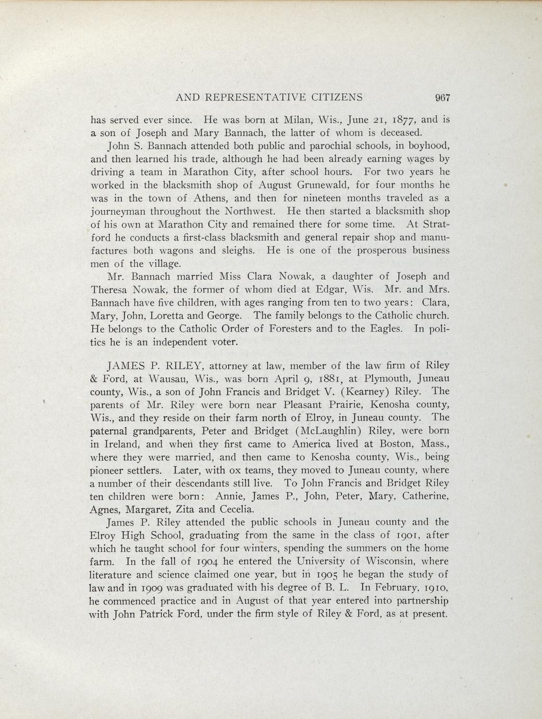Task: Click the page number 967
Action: pos(441,97)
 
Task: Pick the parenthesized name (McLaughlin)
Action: pos(330,431)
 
